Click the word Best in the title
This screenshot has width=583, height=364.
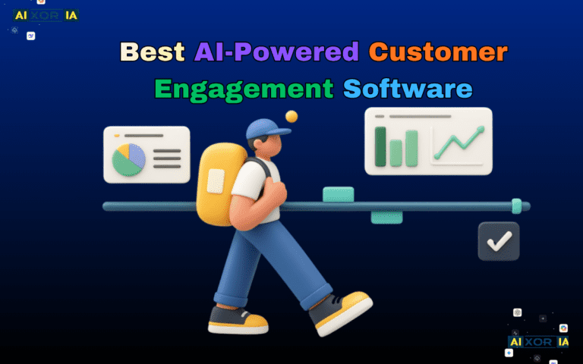[x=152, y=52]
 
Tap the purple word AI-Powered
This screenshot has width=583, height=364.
[x=276, y=52]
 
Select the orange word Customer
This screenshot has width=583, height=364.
[x=438, y=52]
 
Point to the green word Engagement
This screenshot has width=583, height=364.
[x=243, y=89]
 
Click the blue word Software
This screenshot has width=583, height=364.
[x=408, y=89]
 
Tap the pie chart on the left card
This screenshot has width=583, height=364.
[x=128, y=158]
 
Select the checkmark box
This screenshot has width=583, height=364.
[x=499, y=241]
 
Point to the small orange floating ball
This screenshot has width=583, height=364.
[x=291, y=116]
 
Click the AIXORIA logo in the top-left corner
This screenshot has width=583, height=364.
[x=46, y=15]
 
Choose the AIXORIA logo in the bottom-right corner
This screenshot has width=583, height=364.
[x=538, y=342]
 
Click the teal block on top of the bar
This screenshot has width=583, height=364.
[x=338, y=194]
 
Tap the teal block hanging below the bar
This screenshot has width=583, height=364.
[x=386, y=218]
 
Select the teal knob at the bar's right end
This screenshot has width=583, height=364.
[x=516, y=206]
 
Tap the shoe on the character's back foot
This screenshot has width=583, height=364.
[x=237, y=320]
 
